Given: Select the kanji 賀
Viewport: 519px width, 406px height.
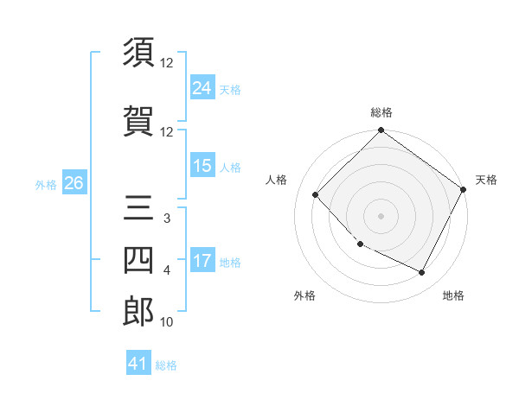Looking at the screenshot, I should coord(139,121).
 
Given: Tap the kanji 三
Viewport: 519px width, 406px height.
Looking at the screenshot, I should coord(139,209).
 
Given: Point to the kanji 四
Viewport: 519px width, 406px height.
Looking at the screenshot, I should coord(139,260).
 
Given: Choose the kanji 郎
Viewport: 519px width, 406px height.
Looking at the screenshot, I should coord(139,312).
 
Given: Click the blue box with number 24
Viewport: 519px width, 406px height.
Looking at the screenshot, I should coord(202,87).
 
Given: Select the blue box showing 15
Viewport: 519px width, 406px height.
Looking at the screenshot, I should coord(202,166).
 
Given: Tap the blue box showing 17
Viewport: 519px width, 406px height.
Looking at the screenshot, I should coord(202,261).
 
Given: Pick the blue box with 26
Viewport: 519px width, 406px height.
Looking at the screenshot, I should coord(74,182).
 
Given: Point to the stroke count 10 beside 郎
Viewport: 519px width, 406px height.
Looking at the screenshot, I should coord(167,322).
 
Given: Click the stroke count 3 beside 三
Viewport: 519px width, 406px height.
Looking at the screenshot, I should coord(167,219).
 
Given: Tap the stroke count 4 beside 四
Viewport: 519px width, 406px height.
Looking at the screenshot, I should coord(167,270).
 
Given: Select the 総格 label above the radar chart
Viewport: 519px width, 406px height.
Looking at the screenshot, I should coord(381,112).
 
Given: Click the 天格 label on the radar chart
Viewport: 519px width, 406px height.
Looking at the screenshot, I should coord(486,180).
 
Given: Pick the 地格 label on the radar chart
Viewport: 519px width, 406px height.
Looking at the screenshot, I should coord(453,295).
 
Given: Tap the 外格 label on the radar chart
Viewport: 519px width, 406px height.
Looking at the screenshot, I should coord(304,295).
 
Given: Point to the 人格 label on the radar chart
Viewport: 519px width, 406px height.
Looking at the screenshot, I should coord(277,180).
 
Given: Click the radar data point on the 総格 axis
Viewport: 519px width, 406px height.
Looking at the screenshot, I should coord(381,130).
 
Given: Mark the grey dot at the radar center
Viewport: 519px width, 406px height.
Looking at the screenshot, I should coord(381,216).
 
